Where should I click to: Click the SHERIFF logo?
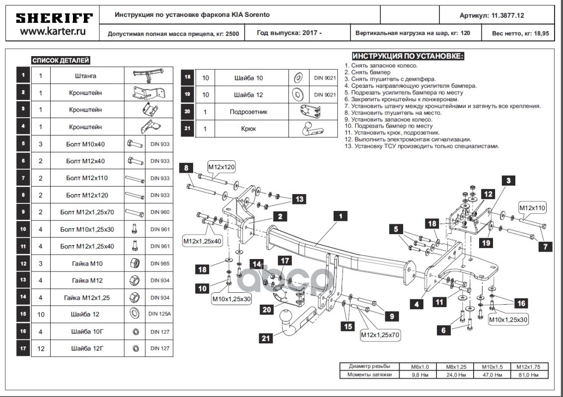pyautogui.click(x=54, y=18)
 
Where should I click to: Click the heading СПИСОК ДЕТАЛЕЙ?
pyautogui.click(x=61, y=61)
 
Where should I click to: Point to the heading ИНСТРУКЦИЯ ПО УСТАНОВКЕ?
pyautogui.click(x=408, y=56)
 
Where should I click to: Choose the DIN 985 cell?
pyautogui.click(x=159, y=264)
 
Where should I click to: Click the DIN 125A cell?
pyautogui.click(x=159, y=314)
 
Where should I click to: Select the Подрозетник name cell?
pyautogui.click(x=248, y=112)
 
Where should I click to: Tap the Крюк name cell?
pyautogui.click(x=248, y=129)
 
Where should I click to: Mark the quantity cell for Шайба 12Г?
pyautogui.click(x=41, y=349)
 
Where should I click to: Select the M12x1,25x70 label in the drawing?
pyautogui.click(x=380, y=335)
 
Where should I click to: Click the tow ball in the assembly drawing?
pyautogui.click(x=288, y=317)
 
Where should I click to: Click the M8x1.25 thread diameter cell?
pyautogui.click(x=450, y=367)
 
